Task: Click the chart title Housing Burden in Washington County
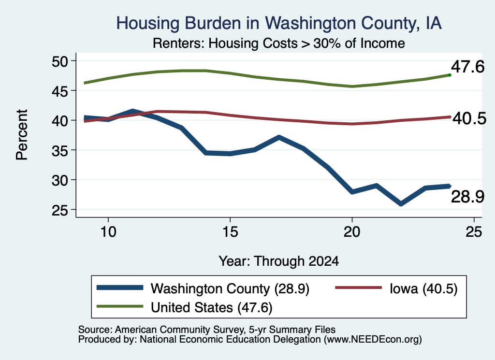point(279,23)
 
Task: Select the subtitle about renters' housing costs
point(279,43)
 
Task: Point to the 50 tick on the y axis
point(60,61)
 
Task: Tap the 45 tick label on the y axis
point(60,91)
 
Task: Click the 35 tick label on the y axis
point(60,150)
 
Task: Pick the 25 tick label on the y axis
point(60,210)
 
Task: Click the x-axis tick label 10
point(108,232)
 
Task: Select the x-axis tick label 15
point(230,232)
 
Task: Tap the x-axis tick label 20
point(352,232)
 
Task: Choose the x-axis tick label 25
point(474,232)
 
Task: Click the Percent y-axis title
point(22,135)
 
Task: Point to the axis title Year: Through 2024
point(279,261)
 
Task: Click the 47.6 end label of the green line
point(467,67)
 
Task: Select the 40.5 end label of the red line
point(469,119)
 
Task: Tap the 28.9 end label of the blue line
point(467,197)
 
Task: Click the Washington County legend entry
point(203,288)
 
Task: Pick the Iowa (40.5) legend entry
point(396,288)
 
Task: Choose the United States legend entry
point(184,307)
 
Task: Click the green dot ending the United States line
point(450,75)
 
